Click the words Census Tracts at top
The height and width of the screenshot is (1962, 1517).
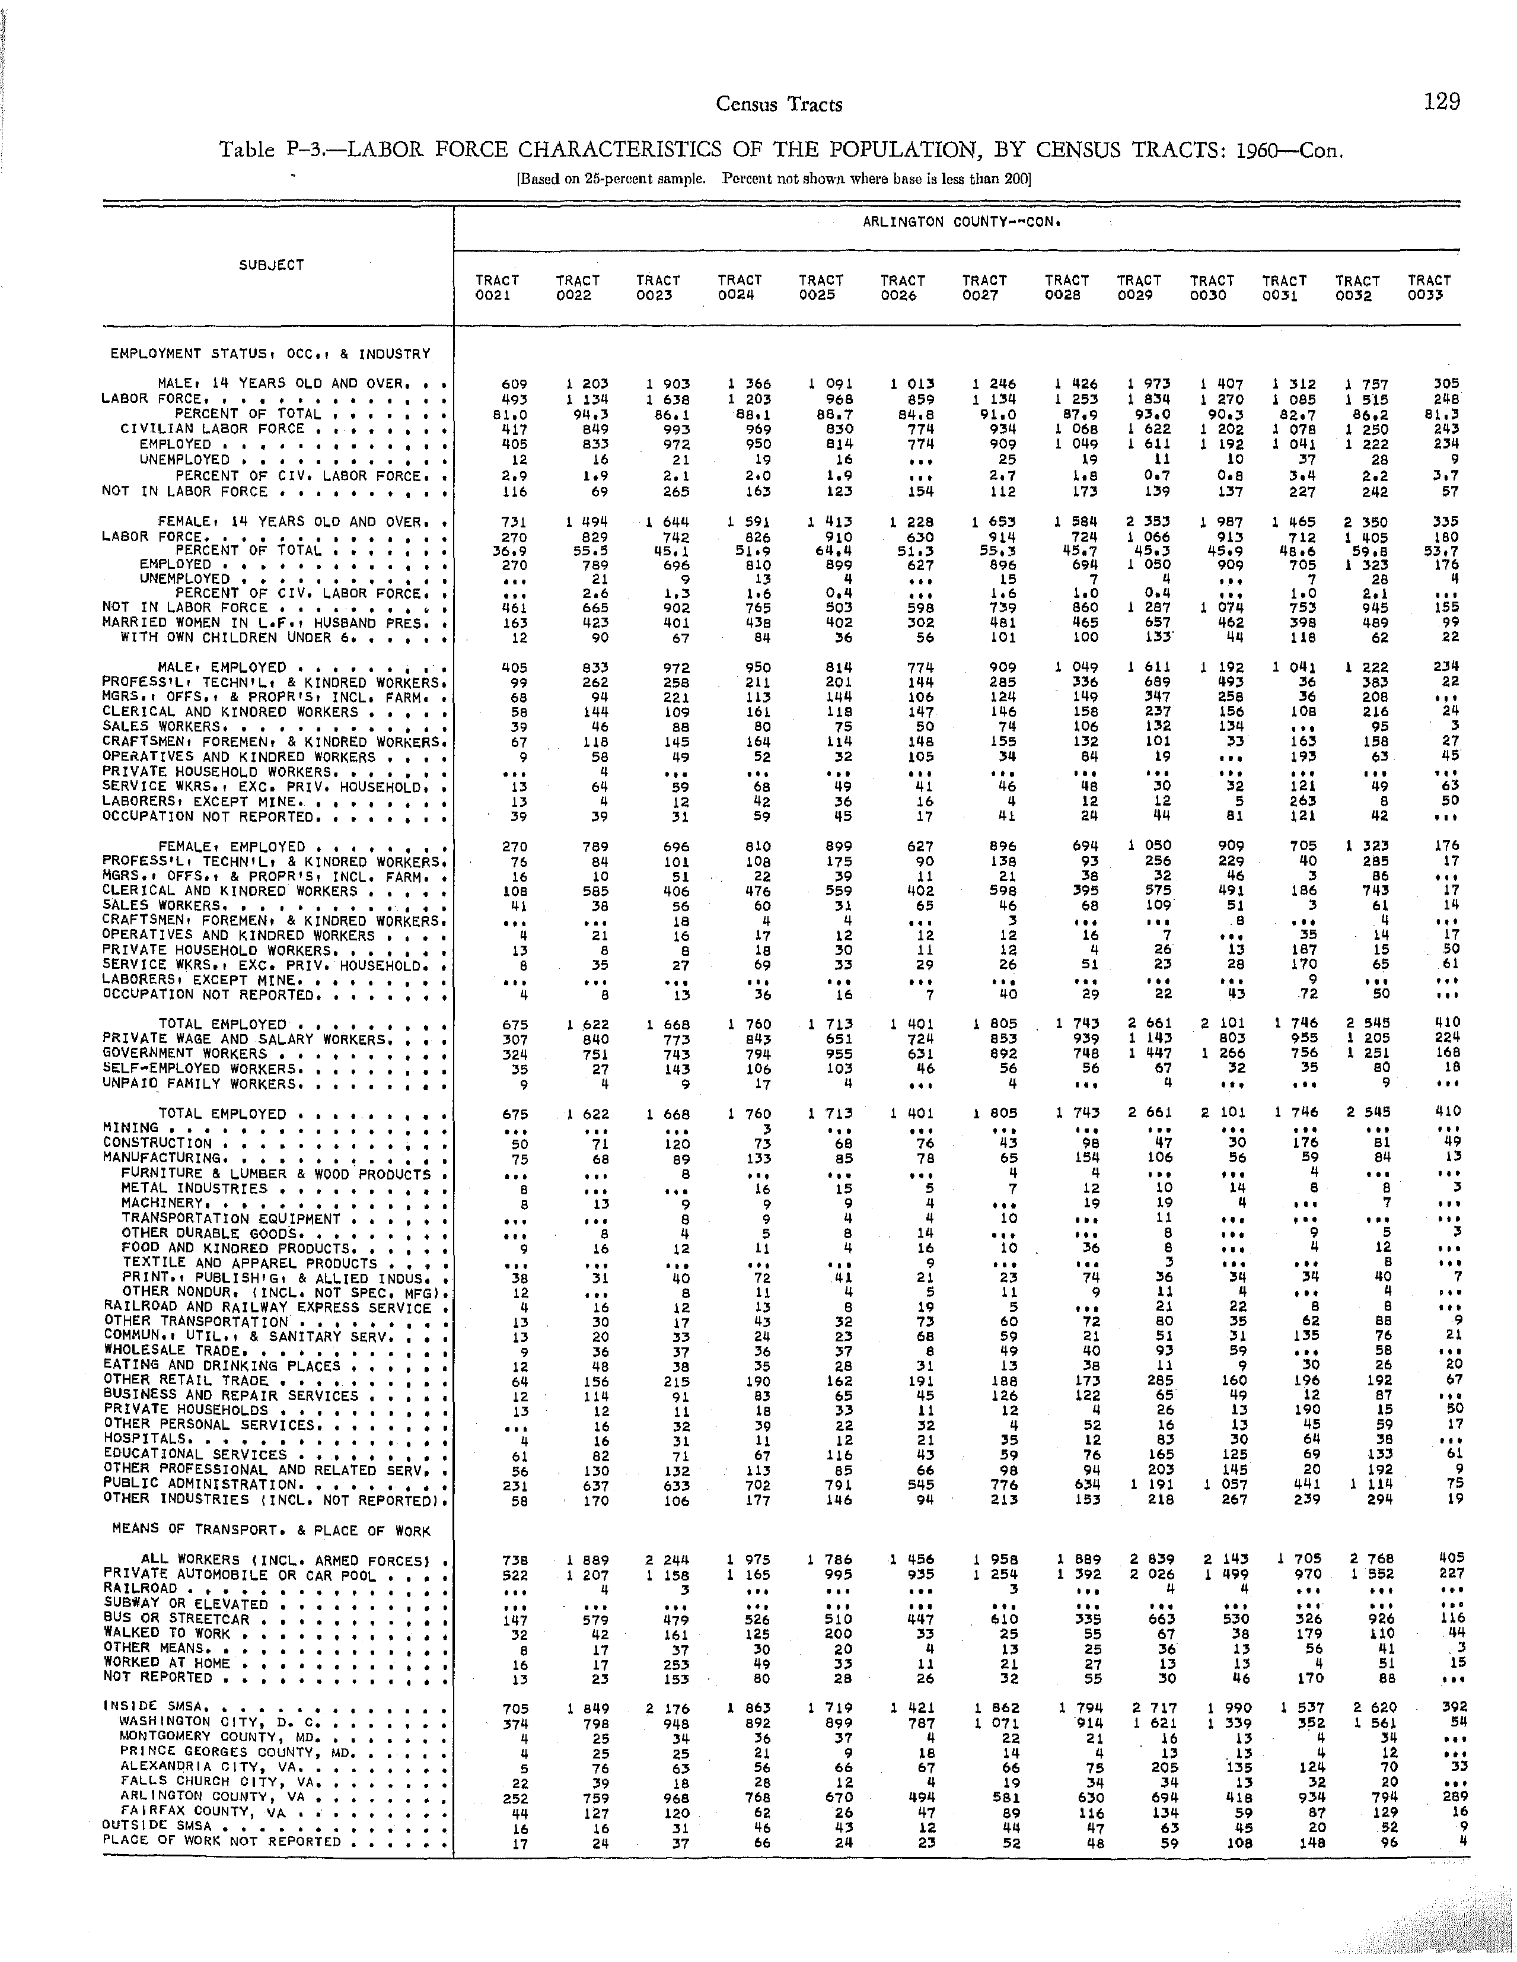[x=779, y=104]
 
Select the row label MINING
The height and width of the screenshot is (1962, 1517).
[x=130, y=1127]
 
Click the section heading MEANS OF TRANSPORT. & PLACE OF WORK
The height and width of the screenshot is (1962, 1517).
[x=270, y=1531]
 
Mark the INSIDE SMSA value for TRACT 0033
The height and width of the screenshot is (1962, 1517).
[x=1449, y=1707]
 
